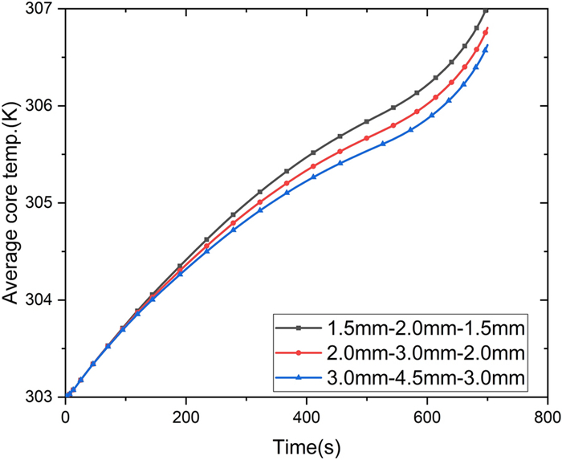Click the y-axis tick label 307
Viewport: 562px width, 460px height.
(x=43, y=9)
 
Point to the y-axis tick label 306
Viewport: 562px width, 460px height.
(x=43, y=106)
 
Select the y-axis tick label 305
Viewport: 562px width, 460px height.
(x=43, y=203)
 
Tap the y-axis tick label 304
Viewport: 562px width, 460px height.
(x=43, y=300)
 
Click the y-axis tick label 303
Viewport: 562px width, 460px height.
(x=43, y=397)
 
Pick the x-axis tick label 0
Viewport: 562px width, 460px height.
(x=65, y=417)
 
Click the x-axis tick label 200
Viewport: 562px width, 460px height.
(x=185, y=417)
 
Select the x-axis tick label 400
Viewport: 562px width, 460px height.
(x=306, y=417)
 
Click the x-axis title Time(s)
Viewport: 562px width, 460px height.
(x=306, y=444)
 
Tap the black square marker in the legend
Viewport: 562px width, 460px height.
(x=299, y=327)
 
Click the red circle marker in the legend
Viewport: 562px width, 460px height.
(x=299, y=352)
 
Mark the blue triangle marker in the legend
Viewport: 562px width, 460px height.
(x=299, y=377)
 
